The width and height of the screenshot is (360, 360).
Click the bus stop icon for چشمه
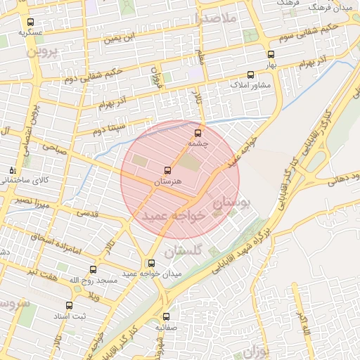coord(197,132)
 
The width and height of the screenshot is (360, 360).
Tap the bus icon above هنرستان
coord(167,170)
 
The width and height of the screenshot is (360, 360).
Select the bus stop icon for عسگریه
coord(30,22)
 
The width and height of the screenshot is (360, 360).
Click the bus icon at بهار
coord(271,54)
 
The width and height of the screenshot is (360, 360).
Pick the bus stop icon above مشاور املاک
coord(250,74)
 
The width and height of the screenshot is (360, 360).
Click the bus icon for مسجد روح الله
coord(93,270)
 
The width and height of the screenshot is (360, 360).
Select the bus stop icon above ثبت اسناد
coord(69,306)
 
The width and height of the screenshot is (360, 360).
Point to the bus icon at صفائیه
coord(167,316)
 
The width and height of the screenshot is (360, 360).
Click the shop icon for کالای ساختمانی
coord(11,170)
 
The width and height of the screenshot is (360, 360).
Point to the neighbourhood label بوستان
coord(231,205)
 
